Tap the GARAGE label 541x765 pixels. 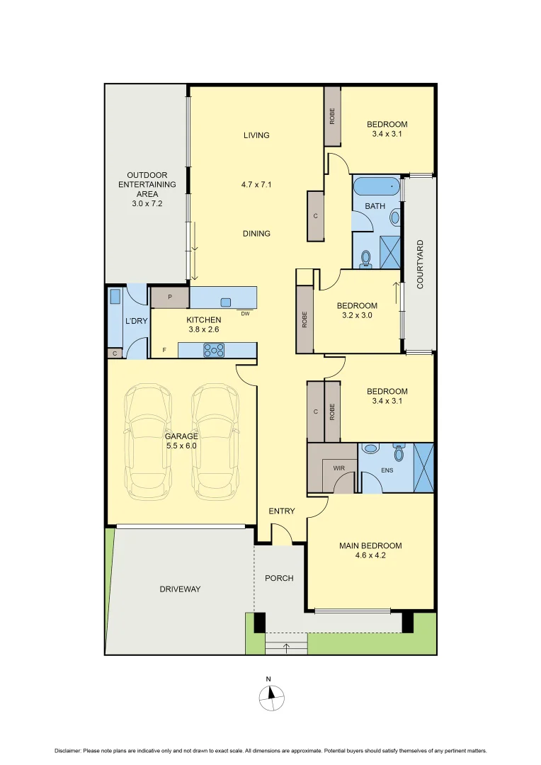point(181,436)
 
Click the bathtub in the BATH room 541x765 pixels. point(376,188)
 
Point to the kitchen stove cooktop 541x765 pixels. point(214,349)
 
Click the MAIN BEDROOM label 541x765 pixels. point(370,545)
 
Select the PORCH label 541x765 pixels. point(279,578)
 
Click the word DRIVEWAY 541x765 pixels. point(180,589)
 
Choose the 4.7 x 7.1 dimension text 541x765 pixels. point(256,184)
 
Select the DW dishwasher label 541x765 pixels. point(245,313)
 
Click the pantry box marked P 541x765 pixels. point(170,297)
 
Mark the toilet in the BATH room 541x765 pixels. point(366,259)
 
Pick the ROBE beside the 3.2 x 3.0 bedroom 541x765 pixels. point(304,319)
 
